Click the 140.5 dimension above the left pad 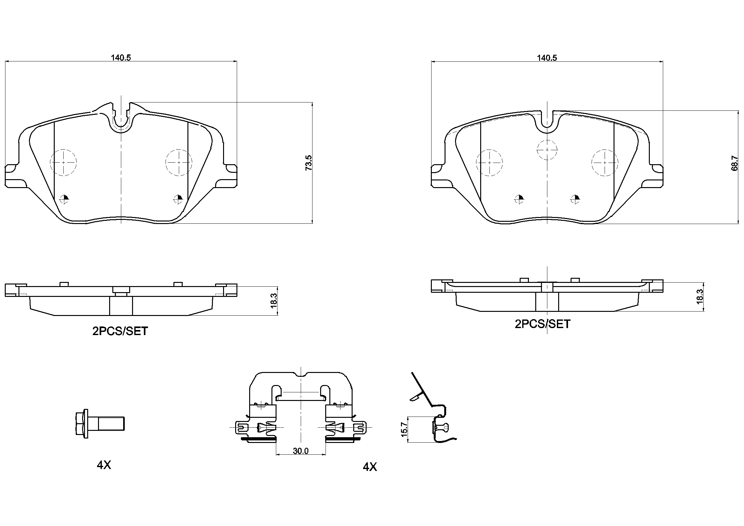pos(121,58)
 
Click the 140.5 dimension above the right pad pos(547,58)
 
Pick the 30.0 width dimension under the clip pos(300,451)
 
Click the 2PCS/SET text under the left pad pos(120,331)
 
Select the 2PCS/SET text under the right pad pos(543,324)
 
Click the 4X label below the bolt pos(104,465)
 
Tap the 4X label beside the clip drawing pos(369,467)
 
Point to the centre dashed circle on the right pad pos(547,150)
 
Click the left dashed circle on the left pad pos(63,162)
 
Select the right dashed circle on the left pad pos(178,162)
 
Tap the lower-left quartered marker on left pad pos(65,199)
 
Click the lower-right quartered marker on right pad pos(575,199)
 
